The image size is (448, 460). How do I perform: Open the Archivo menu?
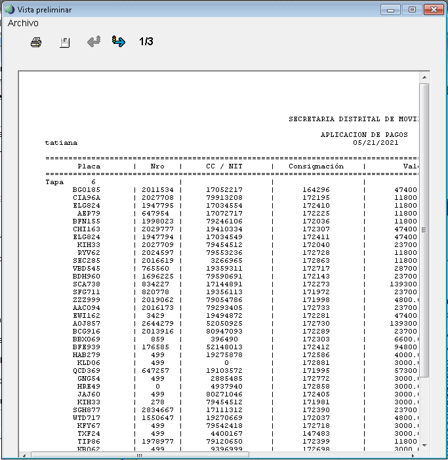coord(23,23)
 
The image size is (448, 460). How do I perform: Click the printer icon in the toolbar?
coord(36,42)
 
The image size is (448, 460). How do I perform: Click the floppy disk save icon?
coord(65,42)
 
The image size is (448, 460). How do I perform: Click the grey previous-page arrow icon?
coord(94,42)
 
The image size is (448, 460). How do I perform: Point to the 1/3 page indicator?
coord(146,42)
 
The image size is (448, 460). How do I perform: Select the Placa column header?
coord(89,166)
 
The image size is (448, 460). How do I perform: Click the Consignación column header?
coord(316,166)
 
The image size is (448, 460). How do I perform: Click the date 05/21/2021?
coord(375,142)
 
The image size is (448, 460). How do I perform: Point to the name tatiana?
coord(61,142)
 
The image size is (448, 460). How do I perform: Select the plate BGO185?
coord(87,189)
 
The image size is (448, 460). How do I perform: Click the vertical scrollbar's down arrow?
coord(424,445)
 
